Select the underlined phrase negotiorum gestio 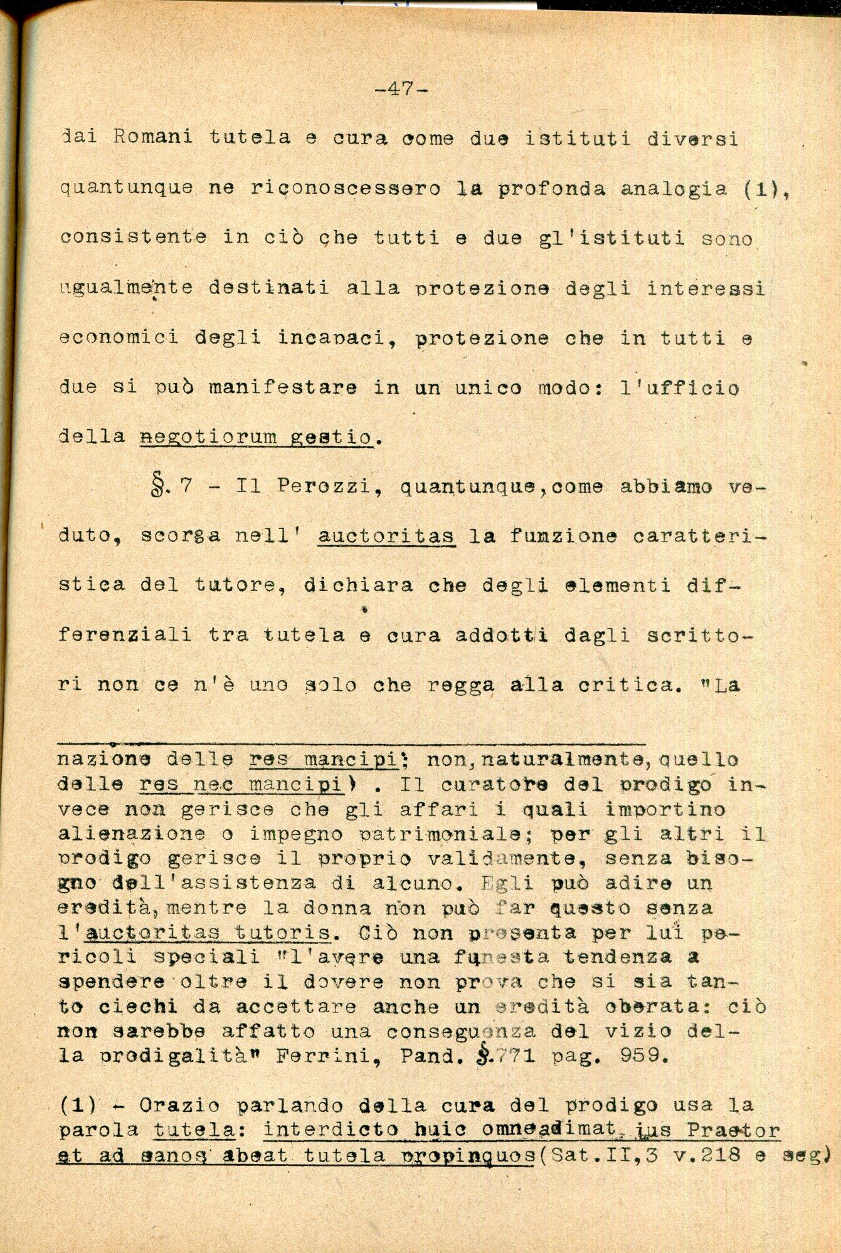point(257,437)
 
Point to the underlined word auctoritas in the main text point(386,537)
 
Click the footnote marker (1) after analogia point(760,189)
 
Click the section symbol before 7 point(158,487)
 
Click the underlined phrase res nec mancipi point(241,784)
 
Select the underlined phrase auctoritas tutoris point(207,933)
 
